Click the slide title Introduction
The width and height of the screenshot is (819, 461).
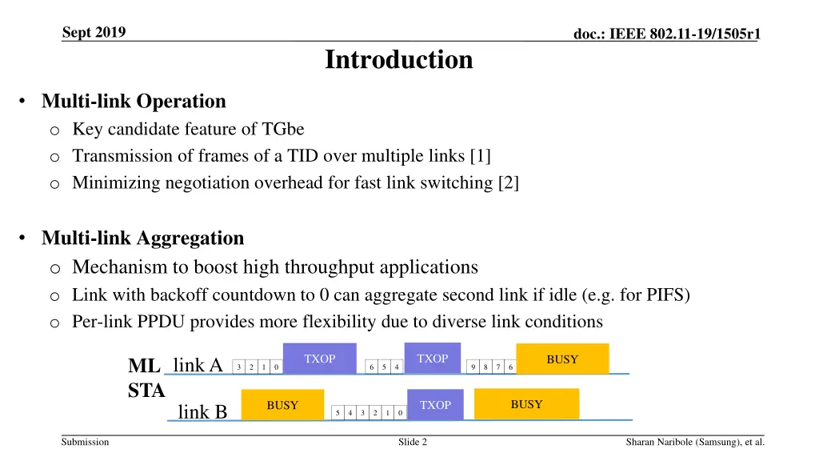[x=398, y=60]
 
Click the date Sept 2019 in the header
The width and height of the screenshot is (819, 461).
[x=94, y=33]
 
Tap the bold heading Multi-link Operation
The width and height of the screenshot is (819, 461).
[x=134, y=102]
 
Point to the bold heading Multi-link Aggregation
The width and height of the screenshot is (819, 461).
[x=142, y=239]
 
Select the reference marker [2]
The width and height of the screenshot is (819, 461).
[x=508, y=183]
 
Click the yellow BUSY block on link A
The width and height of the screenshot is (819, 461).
[x=562, y=359]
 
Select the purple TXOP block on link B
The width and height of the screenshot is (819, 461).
[x=436, y=405]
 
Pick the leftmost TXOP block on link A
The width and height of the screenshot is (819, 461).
[x=320, y=359]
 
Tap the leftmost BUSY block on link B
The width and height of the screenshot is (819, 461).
[x=282, y=406]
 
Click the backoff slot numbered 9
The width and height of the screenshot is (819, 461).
[x=474, y=367]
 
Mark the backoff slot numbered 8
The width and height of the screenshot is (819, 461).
[x=486, y=367]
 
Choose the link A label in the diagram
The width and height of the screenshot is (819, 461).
[x=198, y=366]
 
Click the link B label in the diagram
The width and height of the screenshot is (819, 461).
[x=202, y=412]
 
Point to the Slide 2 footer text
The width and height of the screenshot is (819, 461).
[x=413, y=442]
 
